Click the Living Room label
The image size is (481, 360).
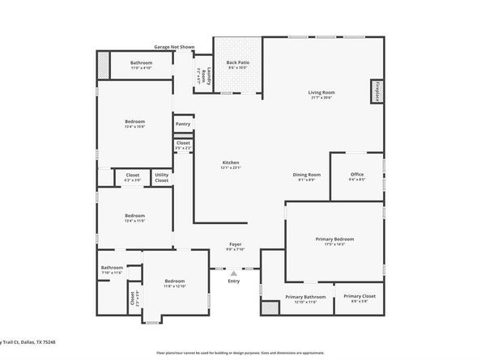(321, 93)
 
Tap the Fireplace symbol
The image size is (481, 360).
(377, 91)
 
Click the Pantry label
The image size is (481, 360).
(183, 124)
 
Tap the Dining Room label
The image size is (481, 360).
(307, 175)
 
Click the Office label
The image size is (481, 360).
(357, 175)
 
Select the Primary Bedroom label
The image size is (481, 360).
(334, 239)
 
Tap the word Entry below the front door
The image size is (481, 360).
(234, 281)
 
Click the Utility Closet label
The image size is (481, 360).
(162, 177)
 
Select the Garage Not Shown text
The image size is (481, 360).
(175, 47)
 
